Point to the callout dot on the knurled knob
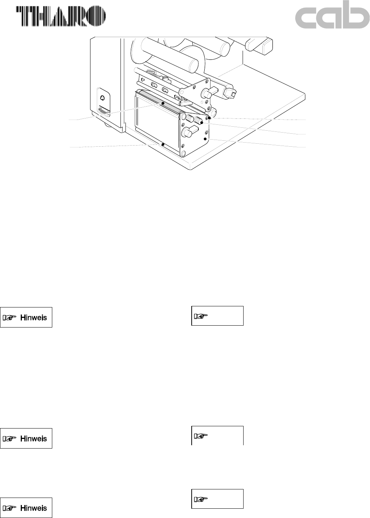coord(201,122)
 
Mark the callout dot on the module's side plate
coord(205,139)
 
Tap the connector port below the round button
coord(103,111)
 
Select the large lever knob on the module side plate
coord(189,132)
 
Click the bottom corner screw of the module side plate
coord(183,153)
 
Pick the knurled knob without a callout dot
coord(189,118)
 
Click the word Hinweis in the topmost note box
coord(34,317)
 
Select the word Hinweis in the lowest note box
coord(34,508)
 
